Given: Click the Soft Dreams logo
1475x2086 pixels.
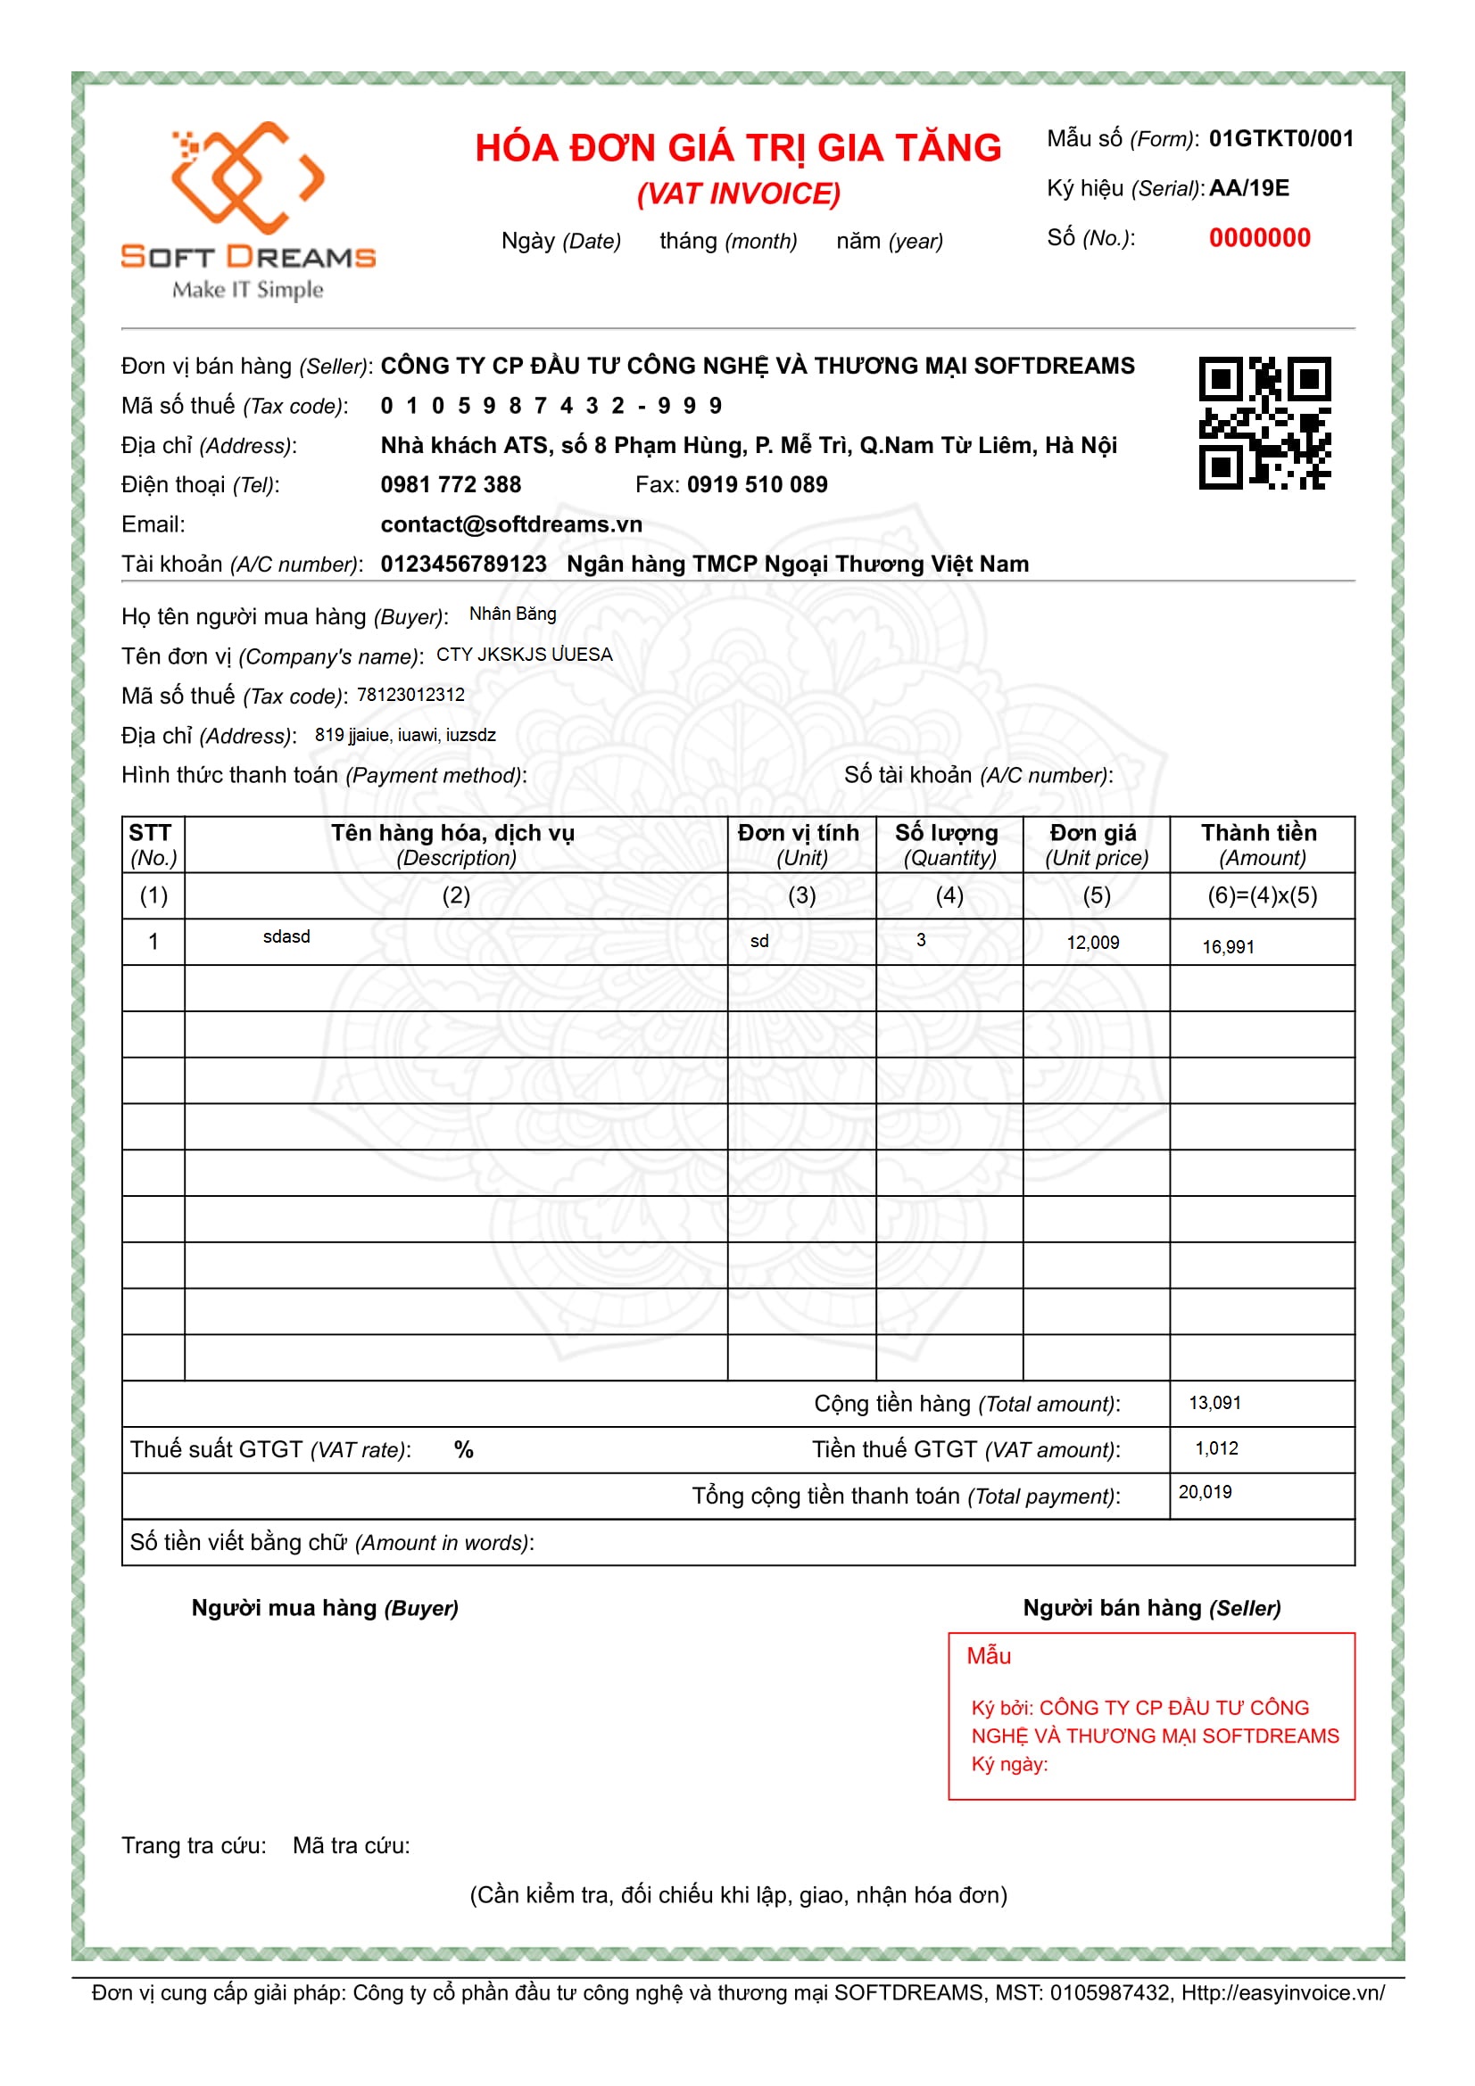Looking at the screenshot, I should (x=247, y=209).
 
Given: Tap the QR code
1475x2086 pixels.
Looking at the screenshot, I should (x=1264, y=424).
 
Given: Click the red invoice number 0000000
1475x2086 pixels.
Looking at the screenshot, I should (x=1259, y=238).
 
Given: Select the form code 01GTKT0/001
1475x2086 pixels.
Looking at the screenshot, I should (x=1280, y=139).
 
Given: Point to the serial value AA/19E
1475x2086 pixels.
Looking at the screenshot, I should (x=1248, y=188).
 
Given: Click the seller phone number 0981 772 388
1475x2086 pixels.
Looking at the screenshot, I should (x=451, y=484).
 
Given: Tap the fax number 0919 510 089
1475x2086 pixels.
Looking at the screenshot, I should (x=757, y=484).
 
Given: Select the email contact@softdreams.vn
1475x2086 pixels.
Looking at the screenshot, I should (x=510, y=524).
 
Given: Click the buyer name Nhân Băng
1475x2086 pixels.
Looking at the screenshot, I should (x=512, y=614).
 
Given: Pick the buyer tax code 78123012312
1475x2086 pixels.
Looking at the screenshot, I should (x=410, y=695).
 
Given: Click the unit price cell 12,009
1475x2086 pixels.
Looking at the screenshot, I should (x=1092, y=943).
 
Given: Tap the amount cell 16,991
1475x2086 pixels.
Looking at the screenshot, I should (x=1228, y=948).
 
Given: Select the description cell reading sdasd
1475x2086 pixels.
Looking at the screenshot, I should (x=286, y=936).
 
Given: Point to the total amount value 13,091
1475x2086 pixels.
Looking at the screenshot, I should (x=1214, y=1403).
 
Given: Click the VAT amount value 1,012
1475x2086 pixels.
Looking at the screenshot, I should (x=1216, y=1448).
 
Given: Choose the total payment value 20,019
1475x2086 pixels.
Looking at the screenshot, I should (x=1206, y=1492).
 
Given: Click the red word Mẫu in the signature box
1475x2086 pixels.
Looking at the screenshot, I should (x=989, y=1656).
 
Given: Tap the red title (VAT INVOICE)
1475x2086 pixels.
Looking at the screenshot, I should (x=738, y=194).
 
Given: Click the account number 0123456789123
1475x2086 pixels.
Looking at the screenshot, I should (x=463, y=565).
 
